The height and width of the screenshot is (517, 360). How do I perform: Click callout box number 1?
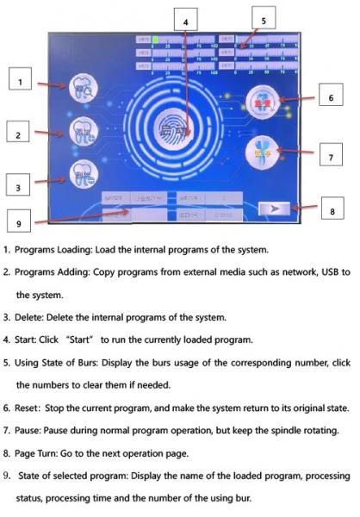23,81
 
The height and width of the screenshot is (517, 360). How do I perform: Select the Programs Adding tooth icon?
83,131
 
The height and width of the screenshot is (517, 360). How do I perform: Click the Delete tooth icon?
83,176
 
